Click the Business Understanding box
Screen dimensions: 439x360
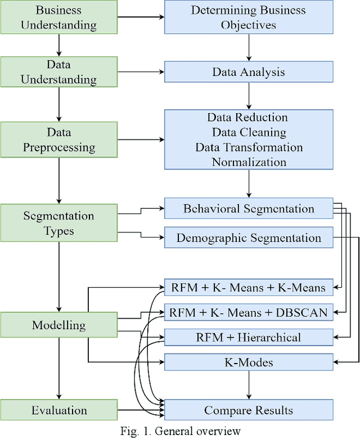(x=58, y=17)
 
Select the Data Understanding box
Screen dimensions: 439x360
(x=58, y=72)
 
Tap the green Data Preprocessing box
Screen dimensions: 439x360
(x=58, y=140)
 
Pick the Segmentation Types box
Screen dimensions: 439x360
(x=58, y=223)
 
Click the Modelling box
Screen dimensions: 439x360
(x=58, y=325)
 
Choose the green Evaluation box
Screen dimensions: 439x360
(x=58, y=410)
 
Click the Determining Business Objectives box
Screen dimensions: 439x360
(x=248, y=17)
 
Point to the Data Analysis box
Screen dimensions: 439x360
(x=248, y=72)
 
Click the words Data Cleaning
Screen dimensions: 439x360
(x=249, y=132)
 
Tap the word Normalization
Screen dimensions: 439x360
(x=249, y=162)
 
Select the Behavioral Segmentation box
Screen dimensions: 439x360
(x=248, y=209)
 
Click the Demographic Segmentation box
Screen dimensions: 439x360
(x=248, y=238)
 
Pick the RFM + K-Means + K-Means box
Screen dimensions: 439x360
(x=248, y=288)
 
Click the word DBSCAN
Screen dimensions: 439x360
(x=302, y=312)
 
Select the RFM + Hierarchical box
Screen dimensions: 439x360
(x=248, y=338)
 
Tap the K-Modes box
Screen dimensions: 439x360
(x=248, y=362)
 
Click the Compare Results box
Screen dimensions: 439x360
(x=248, y=410)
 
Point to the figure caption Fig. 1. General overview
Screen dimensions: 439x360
(x=180, y=432)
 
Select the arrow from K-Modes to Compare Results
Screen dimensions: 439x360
(x=248, y=386)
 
